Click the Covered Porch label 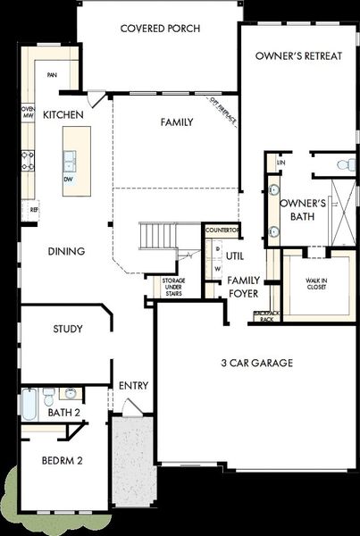click(x=157, y=29)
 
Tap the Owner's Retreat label click(x=298, y=55)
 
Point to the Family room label click(x=177, y=121)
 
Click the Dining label click(x=67, y=251)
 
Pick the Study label click(x=68, y=330)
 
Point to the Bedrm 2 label click(x=63, y=461)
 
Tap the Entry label click(x=134, y=386)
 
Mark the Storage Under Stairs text click(x=173, y=287)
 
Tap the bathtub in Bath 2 click(x=29, y=405)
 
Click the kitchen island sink click(x=70, y=160)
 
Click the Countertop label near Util click(x=222, y=230)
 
